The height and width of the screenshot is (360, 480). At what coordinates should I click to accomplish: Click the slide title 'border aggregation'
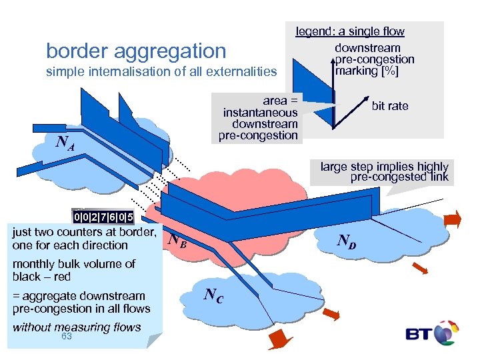[136, 51]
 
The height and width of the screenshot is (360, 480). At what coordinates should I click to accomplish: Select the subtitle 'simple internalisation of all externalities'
[161, 71]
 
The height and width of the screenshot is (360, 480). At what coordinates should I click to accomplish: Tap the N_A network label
[65, 142]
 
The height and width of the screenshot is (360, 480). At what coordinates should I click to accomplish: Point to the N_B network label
[177, 241]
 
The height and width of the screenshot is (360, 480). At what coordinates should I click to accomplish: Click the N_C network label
[215, 293]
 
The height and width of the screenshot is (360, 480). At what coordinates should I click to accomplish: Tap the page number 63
[67, 337]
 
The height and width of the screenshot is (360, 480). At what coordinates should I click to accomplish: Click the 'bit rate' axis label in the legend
[390, 106]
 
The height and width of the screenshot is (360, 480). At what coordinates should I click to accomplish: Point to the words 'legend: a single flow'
[350, 31]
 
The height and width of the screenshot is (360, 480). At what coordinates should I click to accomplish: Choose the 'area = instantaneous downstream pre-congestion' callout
[260, 118]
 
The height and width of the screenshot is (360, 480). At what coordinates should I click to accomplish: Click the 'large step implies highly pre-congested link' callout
[384, 172]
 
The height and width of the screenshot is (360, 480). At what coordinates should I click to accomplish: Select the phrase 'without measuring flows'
[77, 327]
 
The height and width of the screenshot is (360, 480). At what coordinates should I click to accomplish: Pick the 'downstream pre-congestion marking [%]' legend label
[373, 59]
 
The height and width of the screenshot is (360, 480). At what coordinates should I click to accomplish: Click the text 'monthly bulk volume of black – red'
[74, 270]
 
